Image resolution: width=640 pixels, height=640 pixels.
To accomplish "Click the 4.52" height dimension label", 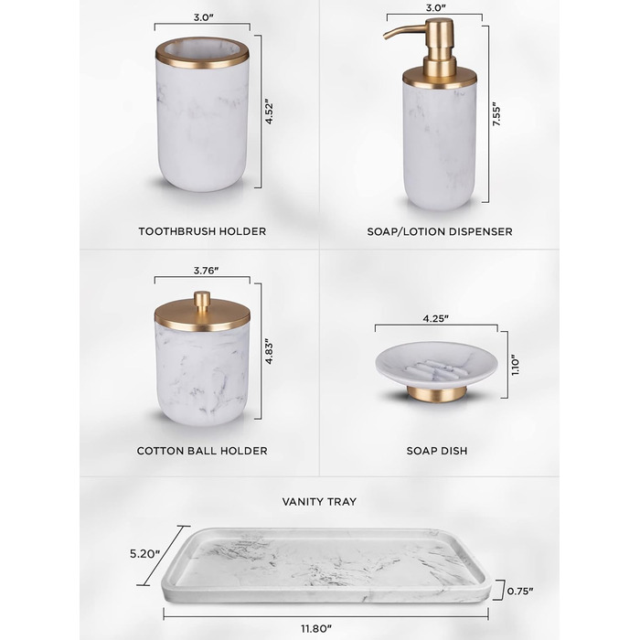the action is tap(269, 111).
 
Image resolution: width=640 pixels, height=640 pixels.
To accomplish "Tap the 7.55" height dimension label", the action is tap(496, 114).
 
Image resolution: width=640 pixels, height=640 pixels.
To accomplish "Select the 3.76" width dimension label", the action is tap(206, 271).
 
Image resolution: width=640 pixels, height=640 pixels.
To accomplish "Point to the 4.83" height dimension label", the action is tap(269, 351).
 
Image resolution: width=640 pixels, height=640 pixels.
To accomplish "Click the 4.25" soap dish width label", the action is tap(436, 318).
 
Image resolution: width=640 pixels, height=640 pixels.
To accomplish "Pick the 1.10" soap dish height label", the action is tap(516, 365).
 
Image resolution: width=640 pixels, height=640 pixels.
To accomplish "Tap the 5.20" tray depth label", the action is tap(144, 554).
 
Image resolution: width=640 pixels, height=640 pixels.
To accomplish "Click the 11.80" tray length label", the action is tap(316, 629).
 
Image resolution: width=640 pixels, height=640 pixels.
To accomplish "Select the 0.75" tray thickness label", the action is tap(520, 591).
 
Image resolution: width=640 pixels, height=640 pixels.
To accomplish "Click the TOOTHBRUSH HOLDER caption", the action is tap(202, 231).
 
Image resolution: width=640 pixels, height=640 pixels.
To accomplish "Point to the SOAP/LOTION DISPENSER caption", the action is tap(440, 231).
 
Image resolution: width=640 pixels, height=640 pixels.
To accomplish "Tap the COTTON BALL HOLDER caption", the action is tap(202, 451).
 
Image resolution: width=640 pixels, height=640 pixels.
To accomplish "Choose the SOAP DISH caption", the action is tap(437, 451).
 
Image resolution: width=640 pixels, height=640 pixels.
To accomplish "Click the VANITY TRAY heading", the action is tap(319, 502).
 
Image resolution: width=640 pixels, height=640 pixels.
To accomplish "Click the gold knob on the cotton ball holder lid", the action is tap(202, 299).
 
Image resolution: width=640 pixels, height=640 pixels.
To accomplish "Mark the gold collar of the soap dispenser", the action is tap(439, 79).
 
